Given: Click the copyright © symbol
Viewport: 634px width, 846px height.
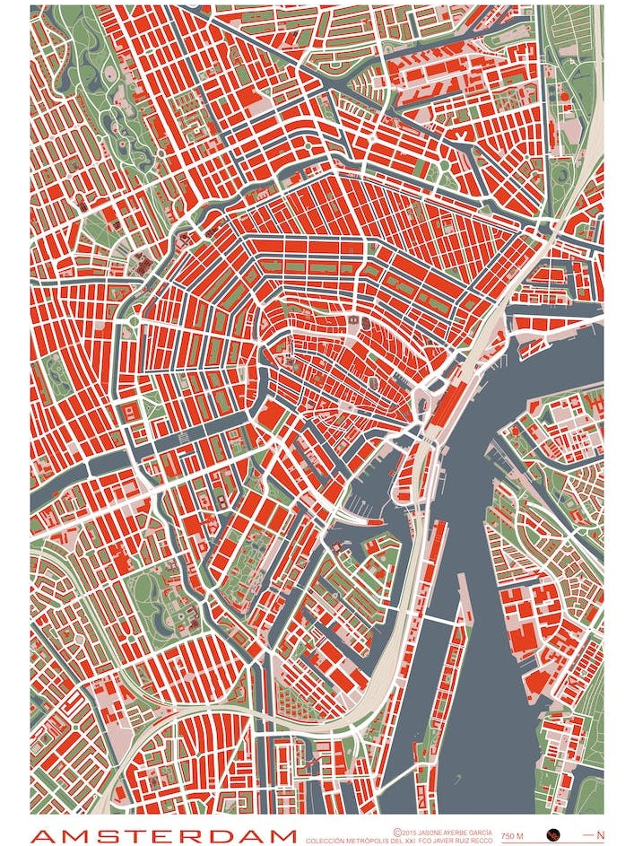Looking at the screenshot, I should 397,833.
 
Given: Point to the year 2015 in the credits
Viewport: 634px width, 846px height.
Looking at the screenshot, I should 410,833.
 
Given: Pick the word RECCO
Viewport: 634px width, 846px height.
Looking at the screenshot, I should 485,842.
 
